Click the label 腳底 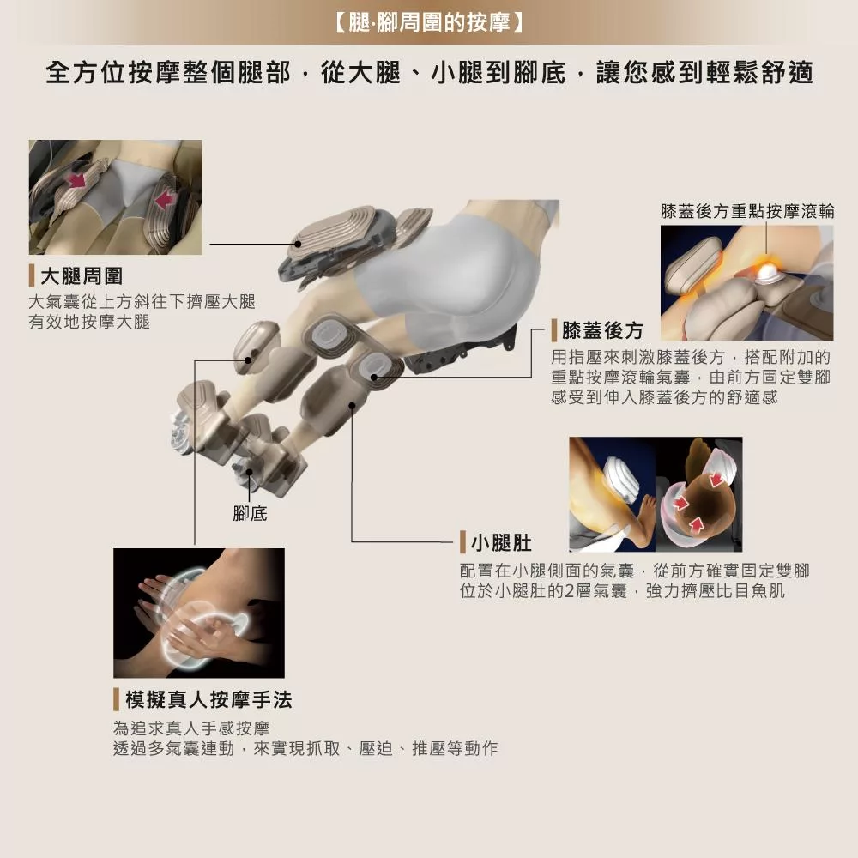250,513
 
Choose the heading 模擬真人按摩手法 208,700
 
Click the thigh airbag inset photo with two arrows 115,197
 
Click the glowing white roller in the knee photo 766,273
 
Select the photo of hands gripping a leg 198,613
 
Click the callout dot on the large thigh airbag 299,244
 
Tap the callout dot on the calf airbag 352,404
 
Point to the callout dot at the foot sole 250,471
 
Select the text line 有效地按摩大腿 89,322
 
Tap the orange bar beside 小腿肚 462,542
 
